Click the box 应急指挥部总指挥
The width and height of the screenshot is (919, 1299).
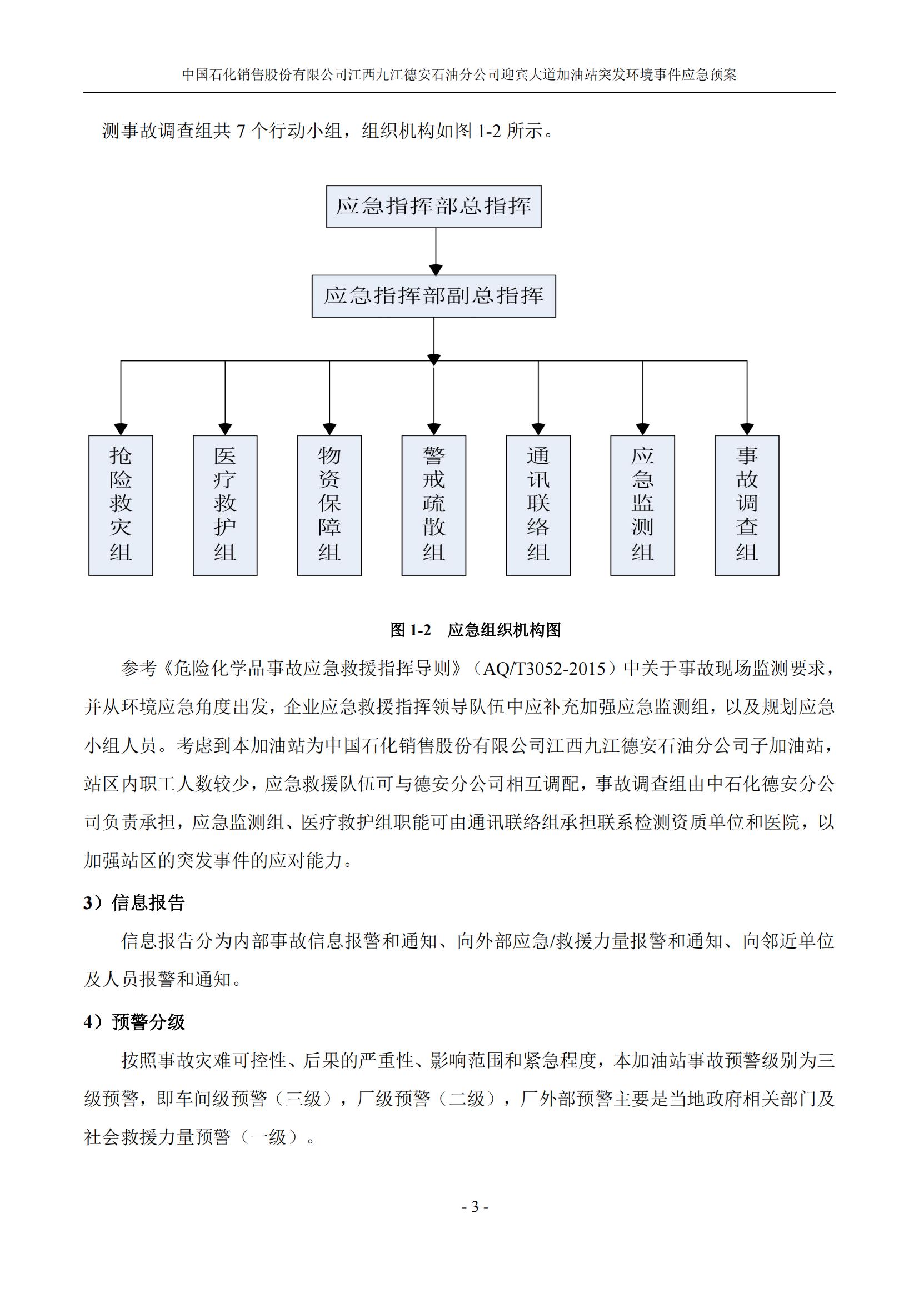pos(433,207)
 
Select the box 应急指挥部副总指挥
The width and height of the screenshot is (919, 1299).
pos(433,296)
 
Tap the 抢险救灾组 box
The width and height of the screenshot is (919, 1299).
pos(121,505)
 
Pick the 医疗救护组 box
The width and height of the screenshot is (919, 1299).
pos(225,505)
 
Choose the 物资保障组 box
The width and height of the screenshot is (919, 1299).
pos(329,505)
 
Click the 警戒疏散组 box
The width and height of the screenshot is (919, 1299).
pos(433,505)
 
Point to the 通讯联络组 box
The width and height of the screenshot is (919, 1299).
pos(538,505)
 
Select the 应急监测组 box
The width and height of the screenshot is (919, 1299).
pos(642,505)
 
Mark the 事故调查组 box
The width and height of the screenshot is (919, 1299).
pos(747,505)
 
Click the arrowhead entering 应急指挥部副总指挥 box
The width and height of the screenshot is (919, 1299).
pos(436,270)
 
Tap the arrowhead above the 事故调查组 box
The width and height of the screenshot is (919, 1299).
pos(747,429)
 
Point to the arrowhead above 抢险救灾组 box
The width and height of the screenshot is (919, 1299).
pos(121,429)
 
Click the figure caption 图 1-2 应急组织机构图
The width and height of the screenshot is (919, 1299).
pos(476,630)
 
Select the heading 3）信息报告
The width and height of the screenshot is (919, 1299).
pos(134,902)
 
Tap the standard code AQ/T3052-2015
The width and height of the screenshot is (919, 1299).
pos(543,669)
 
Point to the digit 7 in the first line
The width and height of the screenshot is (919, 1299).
pos(241,131)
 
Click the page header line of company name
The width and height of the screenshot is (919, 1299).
pos(459,74)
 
